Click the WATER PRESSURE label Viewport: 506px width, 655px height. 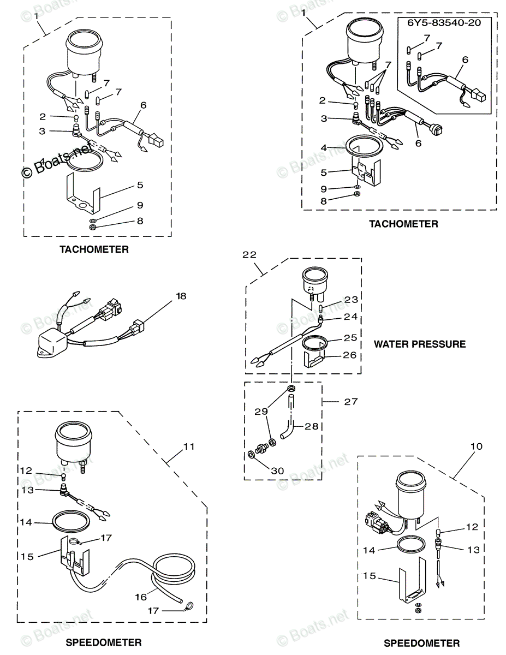[419, 344]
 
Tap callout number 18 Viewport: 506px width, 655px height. [181, 296]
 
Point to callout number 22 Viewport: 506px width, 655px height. [249, 255]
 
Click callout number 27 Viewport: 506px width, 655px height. [350, 401]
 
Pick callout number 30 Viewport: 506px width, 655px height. [277, 470]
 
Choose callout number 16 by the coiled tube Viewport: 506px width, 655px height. [141, 597]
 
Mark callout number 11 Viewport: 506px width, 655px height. [188, 446]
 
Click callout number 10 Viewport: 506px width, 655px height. [476, 446]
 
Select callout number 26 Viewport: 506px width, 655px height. [349, 355]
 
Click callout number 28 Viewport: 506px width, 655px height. [312, 426]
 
